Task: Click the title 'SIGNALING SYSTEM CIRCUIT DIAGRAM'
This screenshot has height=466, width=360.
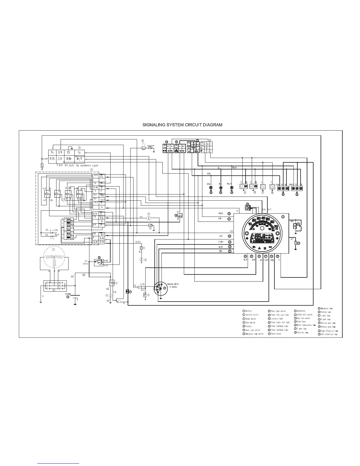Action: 182,125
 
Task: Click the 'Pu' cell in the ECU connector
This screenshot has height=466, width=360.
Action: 52,152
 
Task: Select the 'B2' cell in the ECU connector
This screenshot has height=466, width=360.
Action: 68,152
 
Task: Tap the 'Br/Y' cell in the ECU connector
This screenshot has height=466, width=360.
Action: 79,159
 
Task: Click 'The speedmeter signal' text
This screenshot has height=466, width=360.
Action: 87,165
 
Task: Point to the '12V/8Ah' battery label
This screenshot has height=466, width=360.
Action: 69,294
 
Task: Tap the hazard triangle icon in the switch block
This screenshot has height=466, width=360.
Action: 176,150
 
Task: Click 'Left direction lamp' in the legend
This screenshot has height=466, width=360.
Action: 329,334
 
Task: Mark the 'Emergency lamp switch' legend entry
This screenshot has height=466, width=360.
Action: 254,334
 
